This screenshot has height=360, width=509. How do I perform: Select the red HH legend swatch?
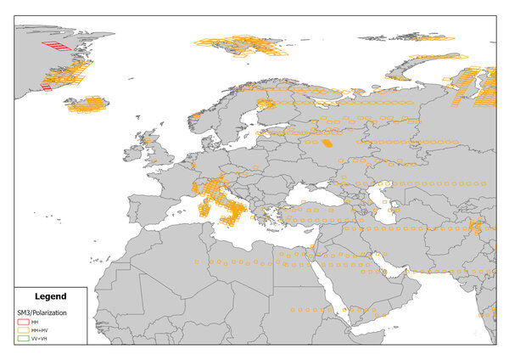pyautogui.click(x=24, y=323)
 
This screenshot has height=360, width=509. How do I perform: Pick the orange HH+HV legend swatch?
pyautogui.click(x=24, y=331)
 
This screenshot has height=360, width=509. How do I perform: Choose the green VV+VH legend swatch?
pyautogui.click(x=24, y=340)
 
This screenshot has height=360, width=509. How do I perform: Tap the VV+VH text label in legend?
pyautogui.click(x=40, y=340)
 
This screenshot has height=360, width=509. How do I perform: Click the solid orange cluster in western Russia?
pyautogui.click(x=327, y=143)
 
